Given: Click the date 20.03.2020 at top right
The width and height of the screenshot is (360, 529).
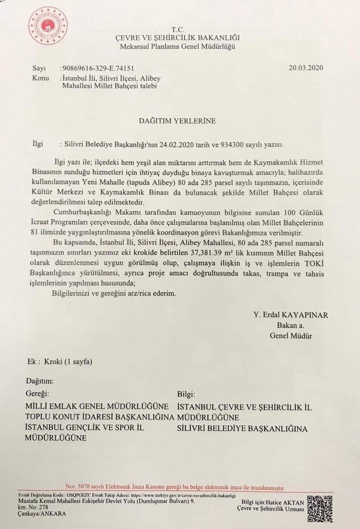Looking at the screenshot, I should pos(306,68).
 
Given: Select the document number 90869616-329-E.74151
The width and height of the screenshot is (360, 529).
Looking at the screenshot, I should pos(100,68).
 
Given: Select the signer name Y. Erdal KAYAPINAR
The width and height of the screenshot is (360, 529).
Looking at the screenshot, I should pos(291,315).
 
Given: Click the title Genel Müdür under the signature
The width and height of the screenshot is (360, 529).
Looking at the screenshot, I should pos(291,336).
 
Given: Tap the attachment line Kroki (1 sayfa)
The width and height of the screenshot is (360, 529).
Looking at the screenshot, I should pos(68,361).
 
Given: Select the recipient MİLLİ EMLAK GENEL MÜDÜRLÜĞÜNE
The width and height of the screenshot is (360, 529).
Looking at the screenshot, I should pos(97,407).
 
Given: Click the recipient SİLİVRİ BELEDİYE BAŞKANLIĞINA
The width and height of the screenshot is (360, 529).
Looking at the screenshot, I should pos(242,429).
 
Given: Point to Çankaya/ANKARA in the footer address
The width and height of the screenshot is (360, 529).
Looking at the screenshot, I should pos(42,514).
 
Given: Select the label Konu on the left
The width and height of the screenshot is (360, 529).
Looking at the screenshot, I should pos(40,78).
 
